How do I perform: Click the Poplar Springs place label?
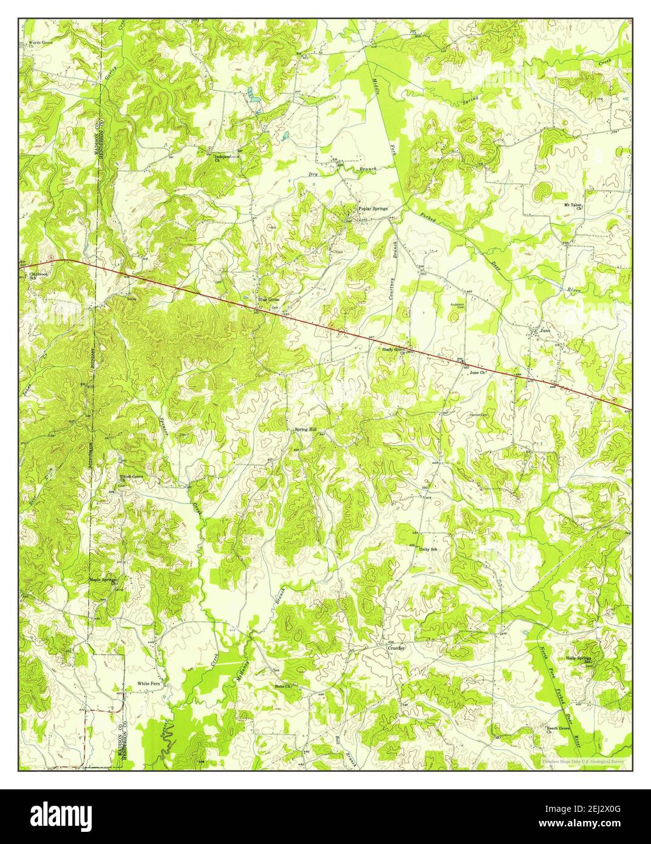[x=372, y=208]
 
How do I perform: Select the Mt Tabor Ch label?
[x=573, y=206]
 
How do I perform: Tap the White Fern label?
[x=148, y=682]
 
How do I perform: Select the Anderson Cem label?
[x=457, y=305]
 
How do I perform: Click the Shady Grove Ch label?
[x=394, y=350]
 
